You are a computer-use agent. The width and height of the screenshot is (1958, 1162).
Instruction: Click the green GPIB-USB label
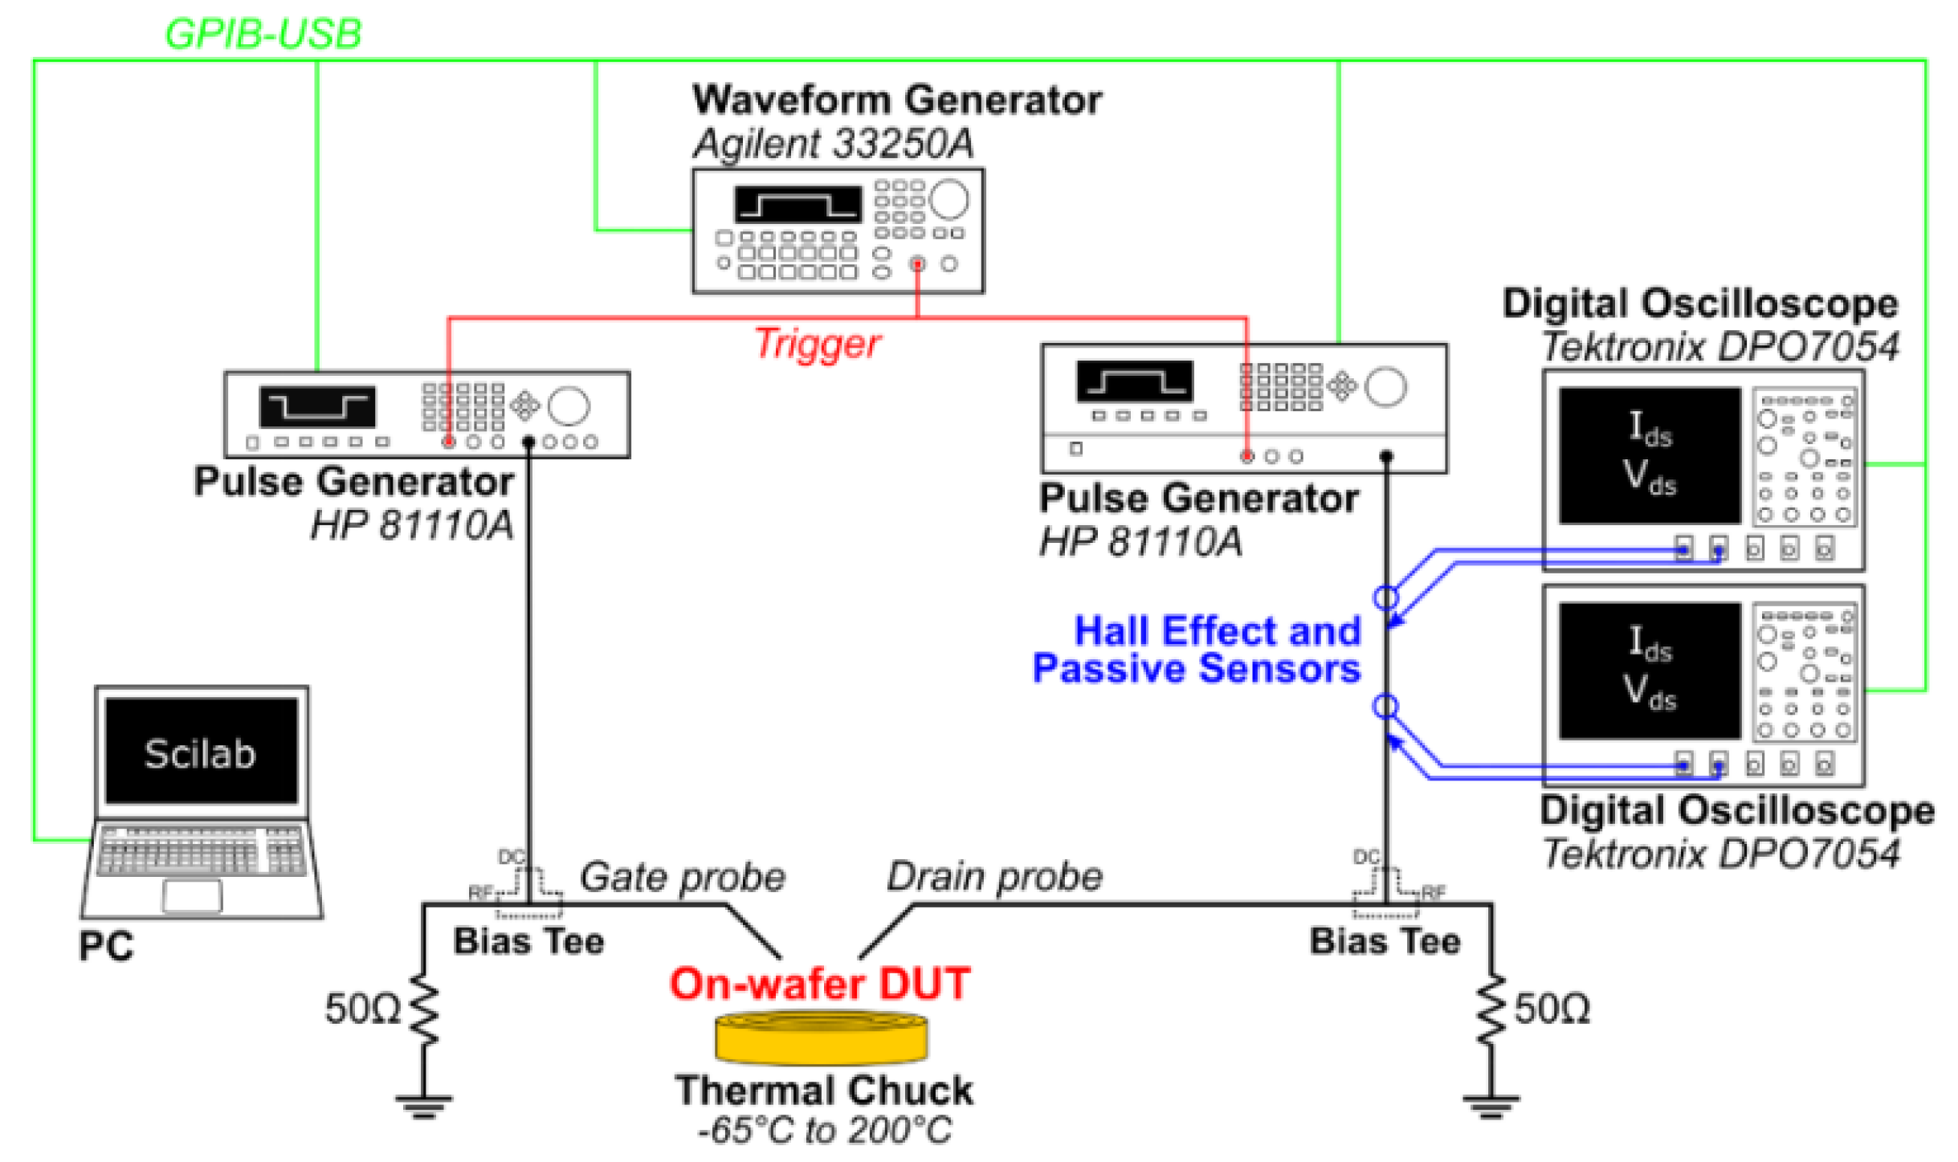(263, 34)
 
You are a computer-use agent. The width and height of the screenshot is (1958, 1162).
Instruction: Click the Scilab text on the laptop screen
(199, 753)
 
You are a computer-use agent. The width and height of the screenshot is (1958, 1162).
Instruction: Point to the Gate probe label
(682, 876)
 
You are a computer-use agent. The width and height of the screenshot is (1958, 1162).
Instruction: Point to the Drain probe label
(993, 876)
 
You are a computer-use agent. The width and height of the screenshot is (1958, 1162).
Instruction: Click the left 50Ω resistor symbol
(423, 1009)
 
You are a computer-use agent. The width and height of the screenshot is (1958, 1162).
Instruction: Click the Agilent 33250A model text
(833, 144)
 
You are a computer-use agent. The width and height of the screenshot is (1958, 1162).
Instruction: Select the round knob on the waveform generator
(948, 199)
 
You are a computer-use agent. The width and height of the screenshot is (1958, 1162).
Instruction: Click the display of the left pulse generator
(316, 406)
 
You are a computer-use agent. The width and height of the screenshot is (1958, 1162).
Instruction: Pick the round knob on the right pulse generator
(1385, 387)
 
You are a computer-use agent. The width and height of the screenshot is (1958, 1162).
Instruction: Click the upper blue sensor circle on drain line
(1385, 597)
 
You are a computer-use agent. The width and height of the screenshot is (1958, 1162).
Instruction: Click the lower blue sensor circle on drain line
(1385, 706)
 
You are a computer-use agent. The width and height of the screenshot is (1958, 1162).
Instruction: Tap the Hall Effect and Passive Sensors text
(1197, 649)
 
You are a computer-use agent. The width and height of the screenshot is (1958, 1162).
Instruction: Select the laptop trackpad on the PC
(191, 895)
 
